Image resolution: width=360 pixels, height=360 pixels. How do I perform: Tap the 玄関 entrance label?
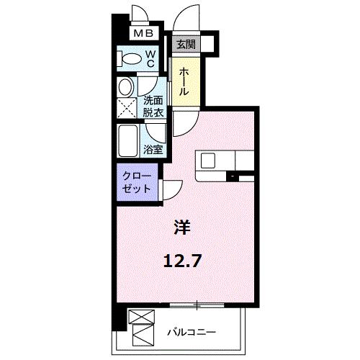point(186,44)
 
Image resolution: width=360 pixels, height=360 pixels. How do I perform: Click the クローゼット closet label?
point(135,181)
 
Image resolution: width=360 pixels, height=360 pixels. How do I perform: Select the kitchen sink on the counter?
point(207,159)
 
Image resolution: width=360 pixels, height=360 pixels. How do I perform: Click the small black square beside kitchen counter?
point(233,176)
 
